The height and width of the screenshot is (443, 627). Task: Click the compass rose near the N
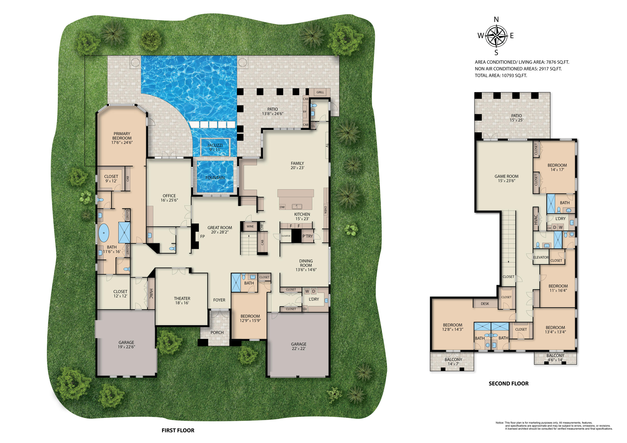point(496,36)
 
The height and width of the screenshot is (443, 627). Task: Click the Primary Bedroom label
point(122,138)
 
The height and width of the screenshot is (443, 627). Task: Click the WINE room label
point(250,226)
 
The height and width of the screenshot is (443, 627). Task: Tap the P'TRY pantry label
point(307,236)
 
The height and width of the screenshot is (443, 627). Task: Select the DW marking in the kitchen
point(282,207)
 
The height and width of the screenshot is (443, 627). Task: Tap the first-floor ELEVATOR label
point(286,236)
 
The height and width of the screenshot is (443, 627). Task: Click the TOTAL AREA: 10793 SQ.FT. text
point(501,76)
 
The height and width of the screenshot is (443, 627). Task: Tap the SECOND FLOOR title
point(508,383)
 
